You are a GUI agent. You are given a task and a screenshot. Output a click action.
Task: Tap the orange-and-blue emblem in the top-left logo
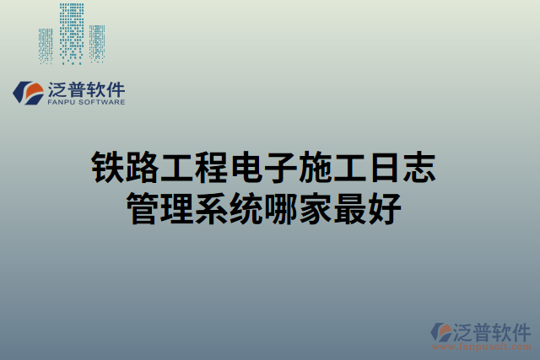(x=30, y=93)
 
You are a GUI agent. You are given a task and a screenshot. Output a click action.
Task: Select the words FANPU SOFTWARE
(x=88, y=102)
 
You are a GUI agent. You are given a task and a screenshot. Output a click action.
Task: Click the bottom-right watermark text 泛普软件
(x=494, y=330)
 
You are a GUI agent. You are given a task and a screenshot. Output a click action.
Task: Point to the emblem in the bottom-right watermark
(x=442, y=334)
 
